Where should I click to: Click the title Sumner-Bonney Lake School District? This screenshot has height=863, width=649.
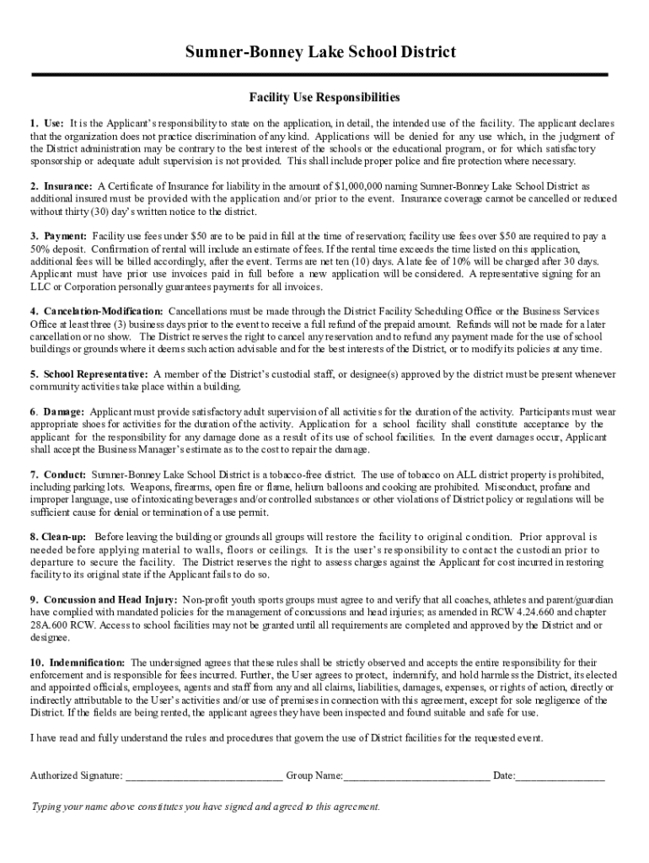324,52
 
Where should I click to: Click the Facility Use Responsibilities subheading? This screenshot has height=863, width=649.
324,98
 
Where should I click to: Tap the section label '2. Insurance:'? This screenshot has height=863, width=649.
62,186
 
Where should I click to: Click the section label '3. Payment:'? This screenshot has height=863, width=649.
59,236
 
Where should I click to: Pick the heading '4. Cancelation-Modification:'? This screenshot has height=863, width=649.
96,311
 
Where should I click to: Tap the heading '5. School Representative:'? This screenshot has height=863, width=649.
89,373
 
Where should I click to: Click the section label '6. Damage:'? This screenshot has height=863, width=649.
57,412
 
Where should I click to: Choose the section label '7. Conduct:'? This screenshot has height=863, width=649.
58,474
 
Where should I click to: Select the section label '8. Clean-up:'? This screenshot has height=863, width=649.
59,537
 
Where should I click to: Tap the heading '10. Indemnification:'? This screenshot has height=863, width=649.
78,662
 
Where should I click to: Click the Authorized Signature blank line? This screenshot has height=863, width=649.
203,775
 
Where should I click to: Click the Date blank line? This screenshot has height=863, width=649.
560,775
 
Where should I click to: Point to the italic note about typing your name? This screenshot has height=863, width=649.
206,807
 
